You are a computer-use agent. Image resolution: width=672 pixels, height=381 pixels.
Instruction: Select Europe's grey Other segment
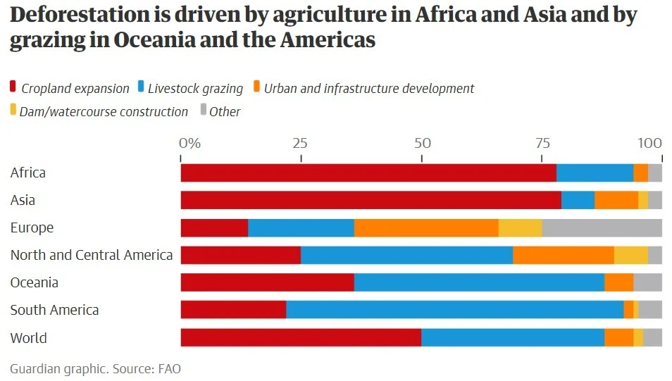click(602, 228)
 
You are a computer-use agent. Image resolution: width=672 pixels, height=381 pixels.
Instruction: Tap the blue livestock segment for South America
click(454, 310)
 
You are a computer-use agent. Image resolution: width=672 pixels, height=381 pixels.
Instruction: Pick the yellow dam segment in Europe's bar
click(520, 228)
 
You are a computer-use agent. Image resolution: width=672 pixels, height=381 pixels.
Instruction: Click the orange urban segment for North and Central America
click(563, 256)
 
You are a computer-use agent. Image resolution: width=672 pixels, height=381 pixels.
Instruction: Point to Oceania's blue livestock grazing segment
click(479, 282)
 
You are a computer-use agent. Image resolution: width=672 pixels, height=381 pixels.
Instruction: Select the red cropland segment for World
click(301, 337)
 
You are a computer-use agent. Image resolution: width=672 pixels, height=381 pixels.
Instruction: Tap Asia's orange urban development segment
click(616, 201)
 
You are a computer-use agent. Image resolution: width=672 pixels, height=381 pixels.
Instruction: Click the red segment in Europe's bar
click(214, 228)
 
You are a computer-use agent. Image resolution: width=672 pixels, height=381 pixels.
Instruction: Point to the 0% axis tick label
click(189, 144)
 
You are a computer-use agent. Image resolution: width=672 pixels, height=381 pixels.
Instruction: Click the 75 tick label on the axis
click(543, 144)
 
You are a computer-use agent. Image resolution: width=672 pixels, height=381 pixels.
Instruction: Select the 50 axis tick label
click(422, 144)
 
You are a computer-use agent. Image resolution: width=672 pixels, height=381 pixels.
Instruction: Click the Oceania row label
click(35, 282)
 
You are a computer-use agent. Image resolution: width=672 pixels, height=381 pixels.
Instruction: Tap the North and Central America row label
click(92, 255)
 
